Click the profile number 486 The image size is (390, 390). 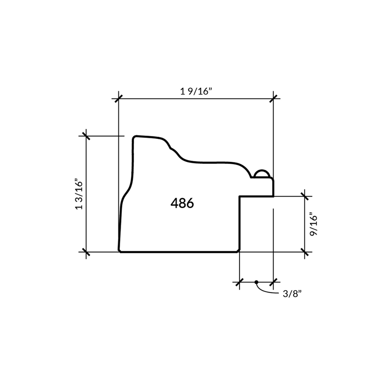coord(182,203)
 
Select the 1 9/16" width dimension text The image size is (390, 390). coord(196,92)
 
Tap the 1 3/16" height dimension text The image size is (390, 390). coord(79,194)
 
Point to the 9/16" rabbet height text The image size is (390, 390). coord(314,224)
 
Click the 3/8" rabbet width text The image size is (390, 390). coord(292,294)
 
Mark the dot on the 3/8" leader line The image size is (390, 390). coord(256,282)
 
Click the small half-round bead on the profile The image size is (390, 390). coord(261,173)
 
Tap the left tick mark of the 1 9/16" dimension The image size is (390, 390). coord(119,98)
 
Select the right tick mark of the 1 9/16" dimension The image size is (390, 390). coord(273,98)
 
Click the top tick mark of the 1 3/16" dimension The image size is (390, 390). coord(86,136)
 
